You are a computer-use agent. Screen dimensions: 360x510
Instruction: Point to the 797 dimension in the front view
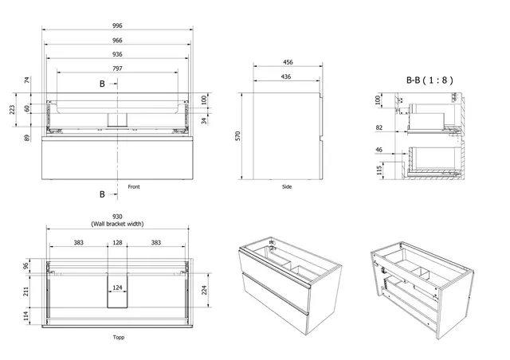[x=117, y=68]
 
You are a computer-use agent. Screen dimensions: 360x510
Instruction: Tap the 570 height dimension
[x=237, y=136]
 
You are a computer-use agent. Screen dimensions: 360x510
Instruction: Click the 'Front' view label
[x=134, y=186]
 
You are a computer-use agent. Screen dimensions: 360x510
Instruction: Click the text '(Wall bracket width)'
[x=117, y=225]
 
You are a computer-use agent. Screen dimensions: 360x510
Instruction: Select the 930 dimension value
[x=117, y=217]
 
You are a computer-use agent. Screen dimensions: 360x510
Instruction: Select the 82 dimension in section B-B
[x=379, y=127]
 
